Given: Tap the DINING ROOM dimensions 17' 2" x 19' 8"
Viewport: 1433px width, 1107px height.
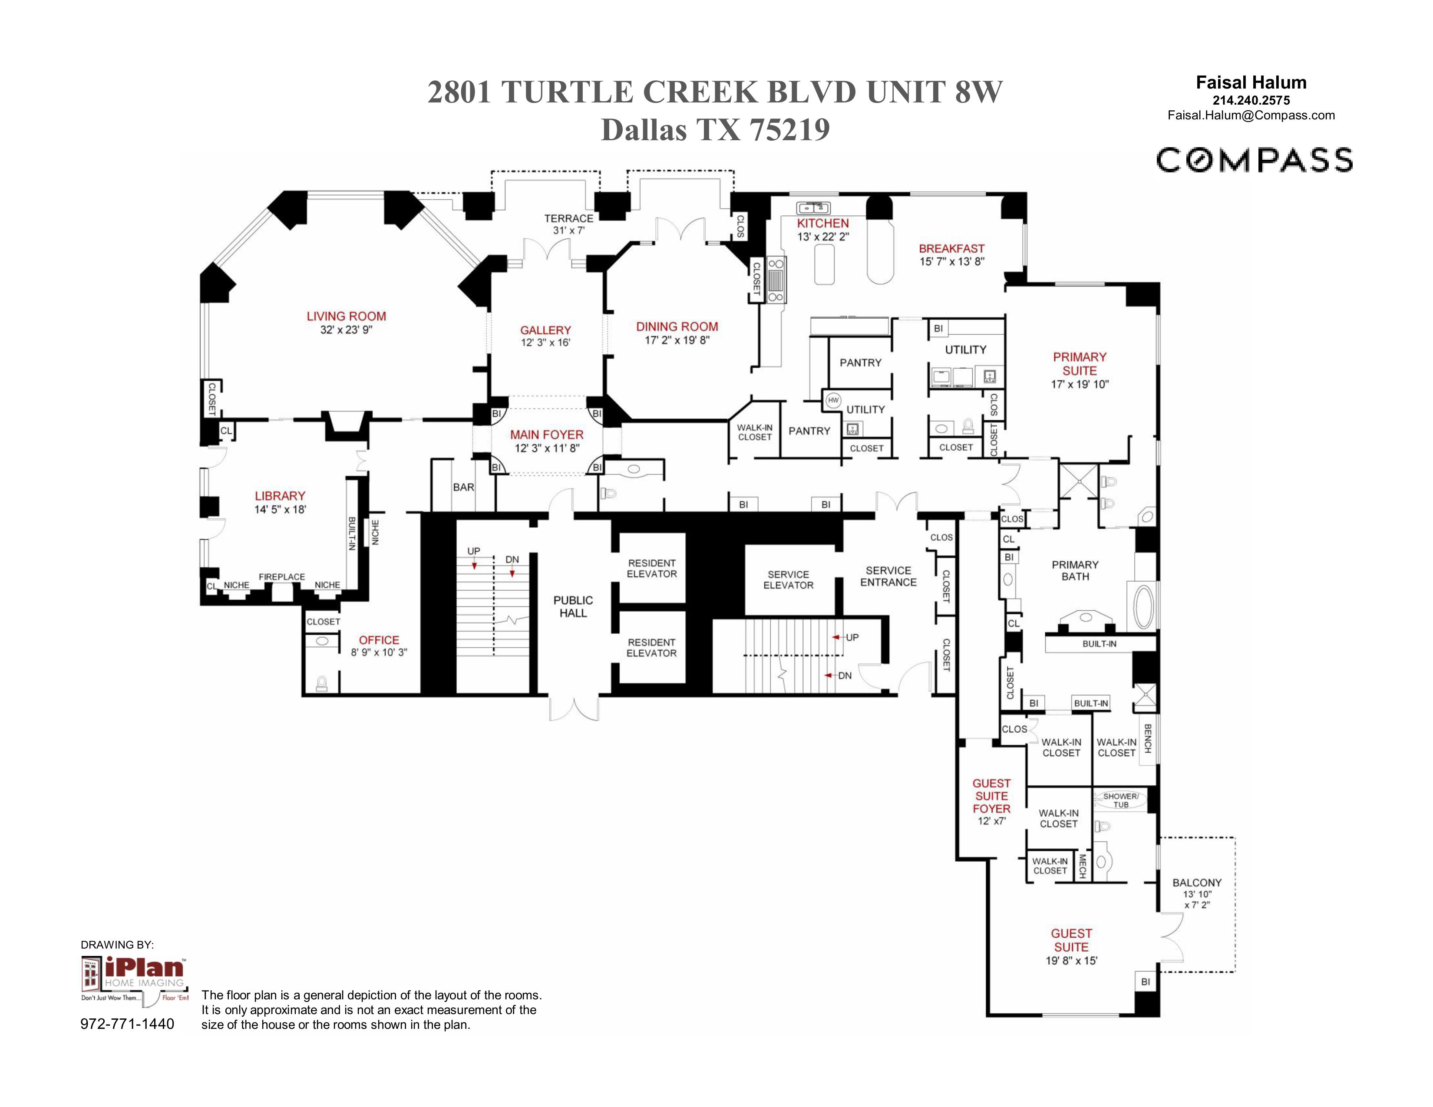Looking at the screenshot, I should (677, 340).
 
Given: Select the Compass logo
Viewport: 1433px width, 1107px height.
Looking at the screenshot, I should (1254, 161).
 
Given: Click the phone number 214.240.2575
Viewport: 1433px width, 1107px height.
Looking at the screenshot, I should (1251, 100).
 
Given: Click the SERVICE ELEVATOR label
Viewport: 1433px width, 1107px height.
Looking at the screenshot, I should (788, 580).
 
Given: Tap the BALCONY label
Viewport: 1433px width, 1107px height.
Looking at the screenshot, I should (1197, 883).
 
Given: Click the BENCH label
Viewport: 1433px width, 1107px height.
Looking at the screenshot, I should (1148, 738).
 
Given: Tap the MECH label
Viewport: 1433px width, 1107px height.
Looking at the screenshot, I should (1082, 866).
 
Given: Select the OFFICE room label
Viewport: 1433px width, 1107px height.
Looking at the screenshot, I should (379, 640).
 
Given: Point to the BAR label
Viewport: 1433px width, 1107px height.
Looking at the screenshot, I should (463, 487).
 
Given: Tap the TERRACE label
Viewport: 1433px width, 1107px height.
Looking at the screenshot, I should (568, 218).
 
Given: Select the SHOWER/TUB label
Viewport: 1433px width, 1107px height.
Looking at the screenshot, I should (1121, 800).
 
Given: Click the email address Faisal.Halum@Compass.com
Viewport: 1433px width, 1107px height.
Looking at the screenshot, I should (1251, 115).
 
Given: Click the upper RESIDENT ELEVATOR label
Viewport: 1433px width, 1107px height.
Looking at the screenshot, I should (651, 569).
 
